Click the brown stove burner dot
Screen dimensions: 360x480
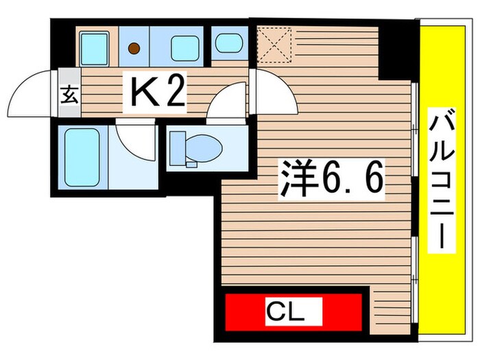[135, 48]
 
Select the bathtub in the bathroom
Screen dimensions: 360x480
[82, 156]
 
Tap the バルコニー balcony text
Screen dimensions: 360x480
[439, 182]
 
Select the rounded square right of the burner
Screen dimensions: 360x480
[183, 47]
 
